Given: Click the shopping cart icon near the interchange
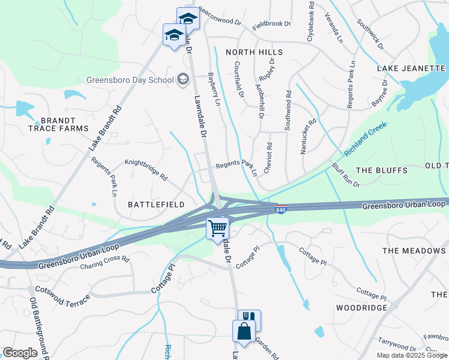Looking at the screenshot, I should tap(217, 228).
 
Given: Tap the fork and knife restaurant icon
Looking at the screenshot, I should tap(249, 319).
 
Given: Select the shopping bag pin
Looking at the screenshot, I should tap(244, 331).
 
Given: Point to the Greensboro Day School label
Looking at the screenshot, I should tap(130, 79).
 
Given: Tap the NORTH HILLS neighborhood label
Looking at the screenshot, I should tap(254, 52).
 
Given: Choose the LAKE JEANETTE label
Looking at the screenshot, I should tap(411, 68).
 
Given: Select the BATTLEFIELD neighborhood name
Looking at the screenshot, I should tap(156, 205).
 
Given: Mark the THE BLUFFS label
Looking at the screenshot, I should tap(382, 170).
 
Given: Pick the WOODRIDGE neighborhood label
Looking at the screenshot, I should tap(361, 307).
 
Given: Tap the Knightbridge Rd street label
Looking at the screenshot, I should tap(146, 169).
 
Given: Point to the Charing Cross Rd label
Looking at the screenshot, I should tap(105, 262).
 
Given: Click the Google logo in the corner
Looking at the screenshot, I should tap(20, 353).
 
